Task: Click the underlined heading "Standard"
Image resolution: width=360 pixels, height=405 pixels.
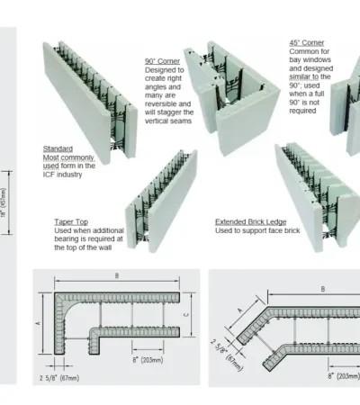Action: [x=58, y=148]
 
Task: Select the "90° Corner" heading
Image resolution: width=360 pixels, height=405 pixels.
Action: [x=162, y=61]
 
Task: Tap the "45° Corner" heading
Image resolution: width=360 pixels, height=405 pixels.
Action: [x=307, y=43]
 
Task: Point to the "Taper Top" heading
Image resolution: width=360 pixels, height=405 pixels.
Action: [x=71, y=222]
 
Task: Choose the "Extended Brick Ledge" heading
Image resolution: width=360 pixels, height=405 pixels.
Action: [x=251, y=222]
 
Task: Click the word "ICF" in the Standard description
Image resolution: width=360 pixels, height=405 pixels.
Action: [x=49, y=175]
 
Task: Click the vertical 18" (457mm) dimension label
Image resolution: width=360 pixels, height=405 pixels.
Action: [x=4, y=202]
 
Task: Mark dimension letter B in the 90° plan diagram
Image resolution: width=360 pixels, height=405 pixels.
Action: [x=117, y=275]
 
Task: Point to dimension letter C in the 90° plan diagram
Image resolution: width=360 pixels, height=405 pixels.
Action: [x=187, y=315]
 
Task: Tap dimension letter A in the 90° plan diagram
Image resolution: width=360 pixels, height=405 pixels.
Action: [x=38, y=323]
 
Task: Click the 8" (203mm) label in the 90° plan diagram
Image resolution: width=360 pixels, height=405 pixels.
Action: [x=148, y=360]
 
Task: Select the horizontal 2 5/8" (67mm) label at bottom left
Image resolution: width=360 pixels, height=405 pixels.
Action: [x=59, y=378]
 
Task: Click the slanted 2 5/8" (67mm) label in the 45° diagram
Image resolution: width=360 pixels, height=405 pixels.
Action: [x=226, y=355]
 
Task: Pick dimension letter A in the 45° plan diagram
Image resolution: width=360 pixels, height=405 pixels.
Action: [x=240, y=310]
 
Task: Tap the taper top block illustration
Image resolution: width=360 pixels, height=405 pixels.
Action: [x=161, y=201]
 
